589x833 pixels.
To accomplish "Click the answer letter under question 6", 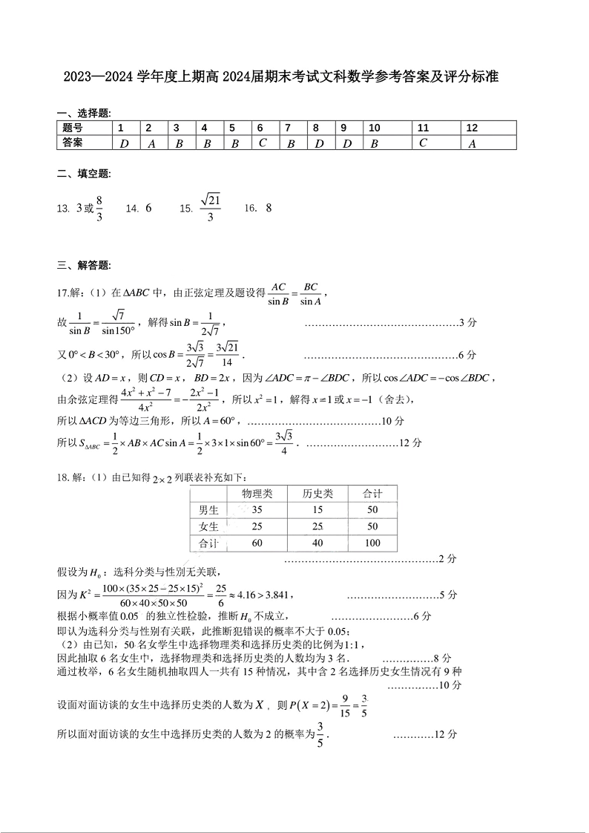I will [x=262, y=143].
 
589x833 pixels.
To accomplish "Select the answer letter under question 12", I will [x=472, y=143].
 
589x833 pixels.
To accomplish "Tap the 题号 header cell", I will [x=73, y=128].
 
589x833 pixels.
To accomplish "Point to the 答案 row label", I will [x=73, y=143].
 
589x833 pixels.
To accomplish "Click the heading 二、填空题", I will [x=83, y=174].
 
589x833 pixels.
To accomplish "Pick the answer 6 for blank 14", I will [x=148, y=209].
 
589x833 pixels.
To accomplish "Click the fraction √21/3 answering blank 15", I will [x=211, y=208].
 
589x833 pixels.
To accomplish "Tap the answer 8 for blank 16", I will [x=269, y=209].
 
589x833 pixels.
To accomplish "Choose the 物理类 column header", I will [x=257, y=493].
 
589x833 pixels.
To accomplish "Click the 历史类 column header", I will [x=317, y=493].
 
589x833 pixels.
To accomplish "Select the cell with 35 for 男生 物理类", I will [x=257, y=510].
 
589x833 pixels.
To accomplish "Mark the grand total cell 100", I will [x=372, y=543].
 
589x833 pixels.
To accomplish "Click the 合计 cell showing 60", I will [x=257, y=543].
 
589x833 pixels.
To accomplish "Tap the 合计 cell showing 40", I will [x=317, y=543].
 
